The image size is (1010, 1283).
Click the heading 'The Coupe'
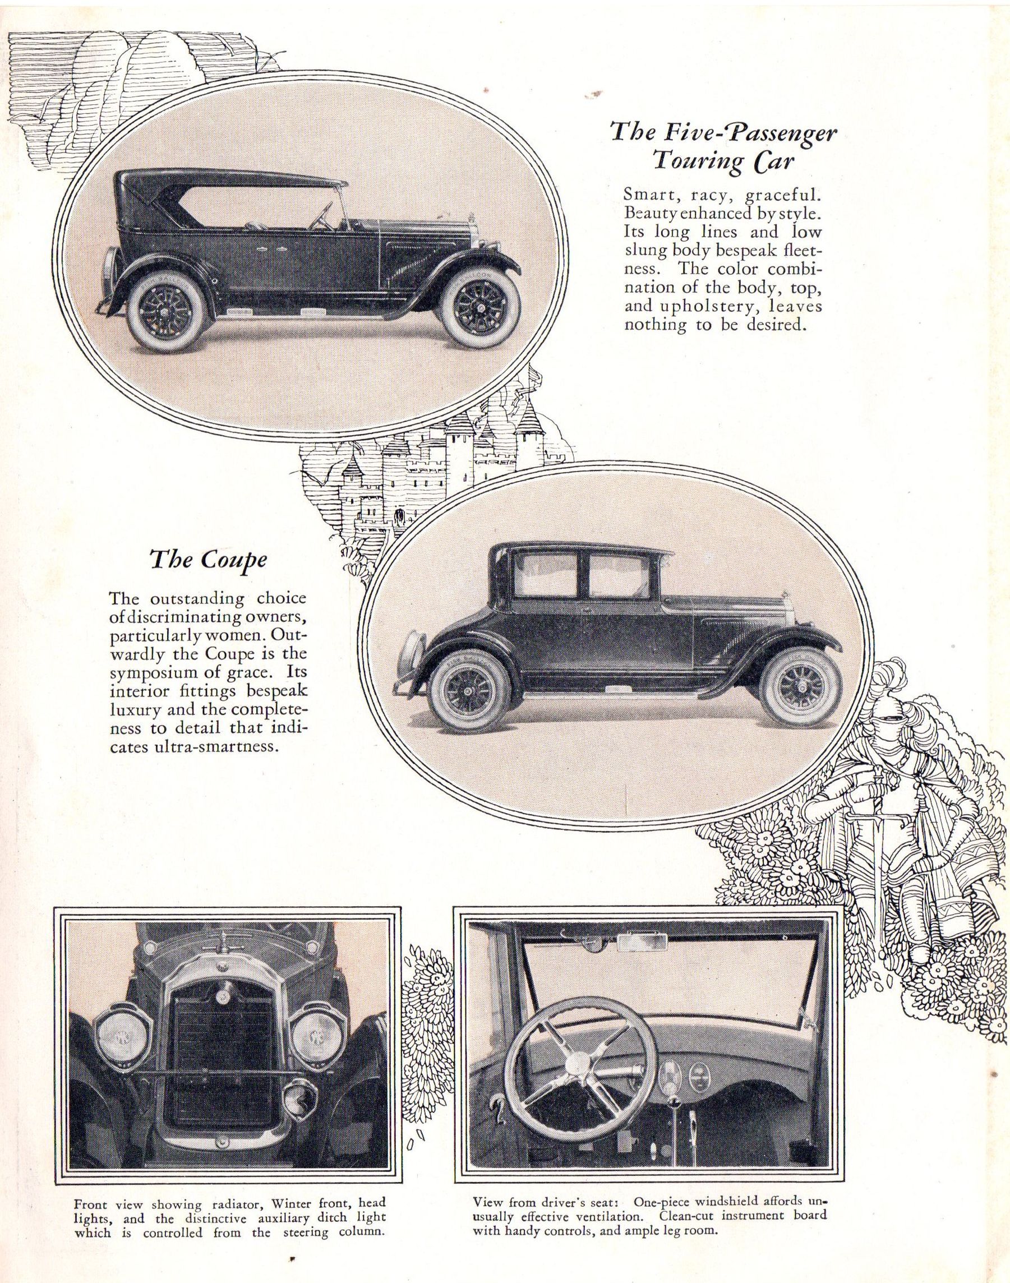click(x=208, y=559)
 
